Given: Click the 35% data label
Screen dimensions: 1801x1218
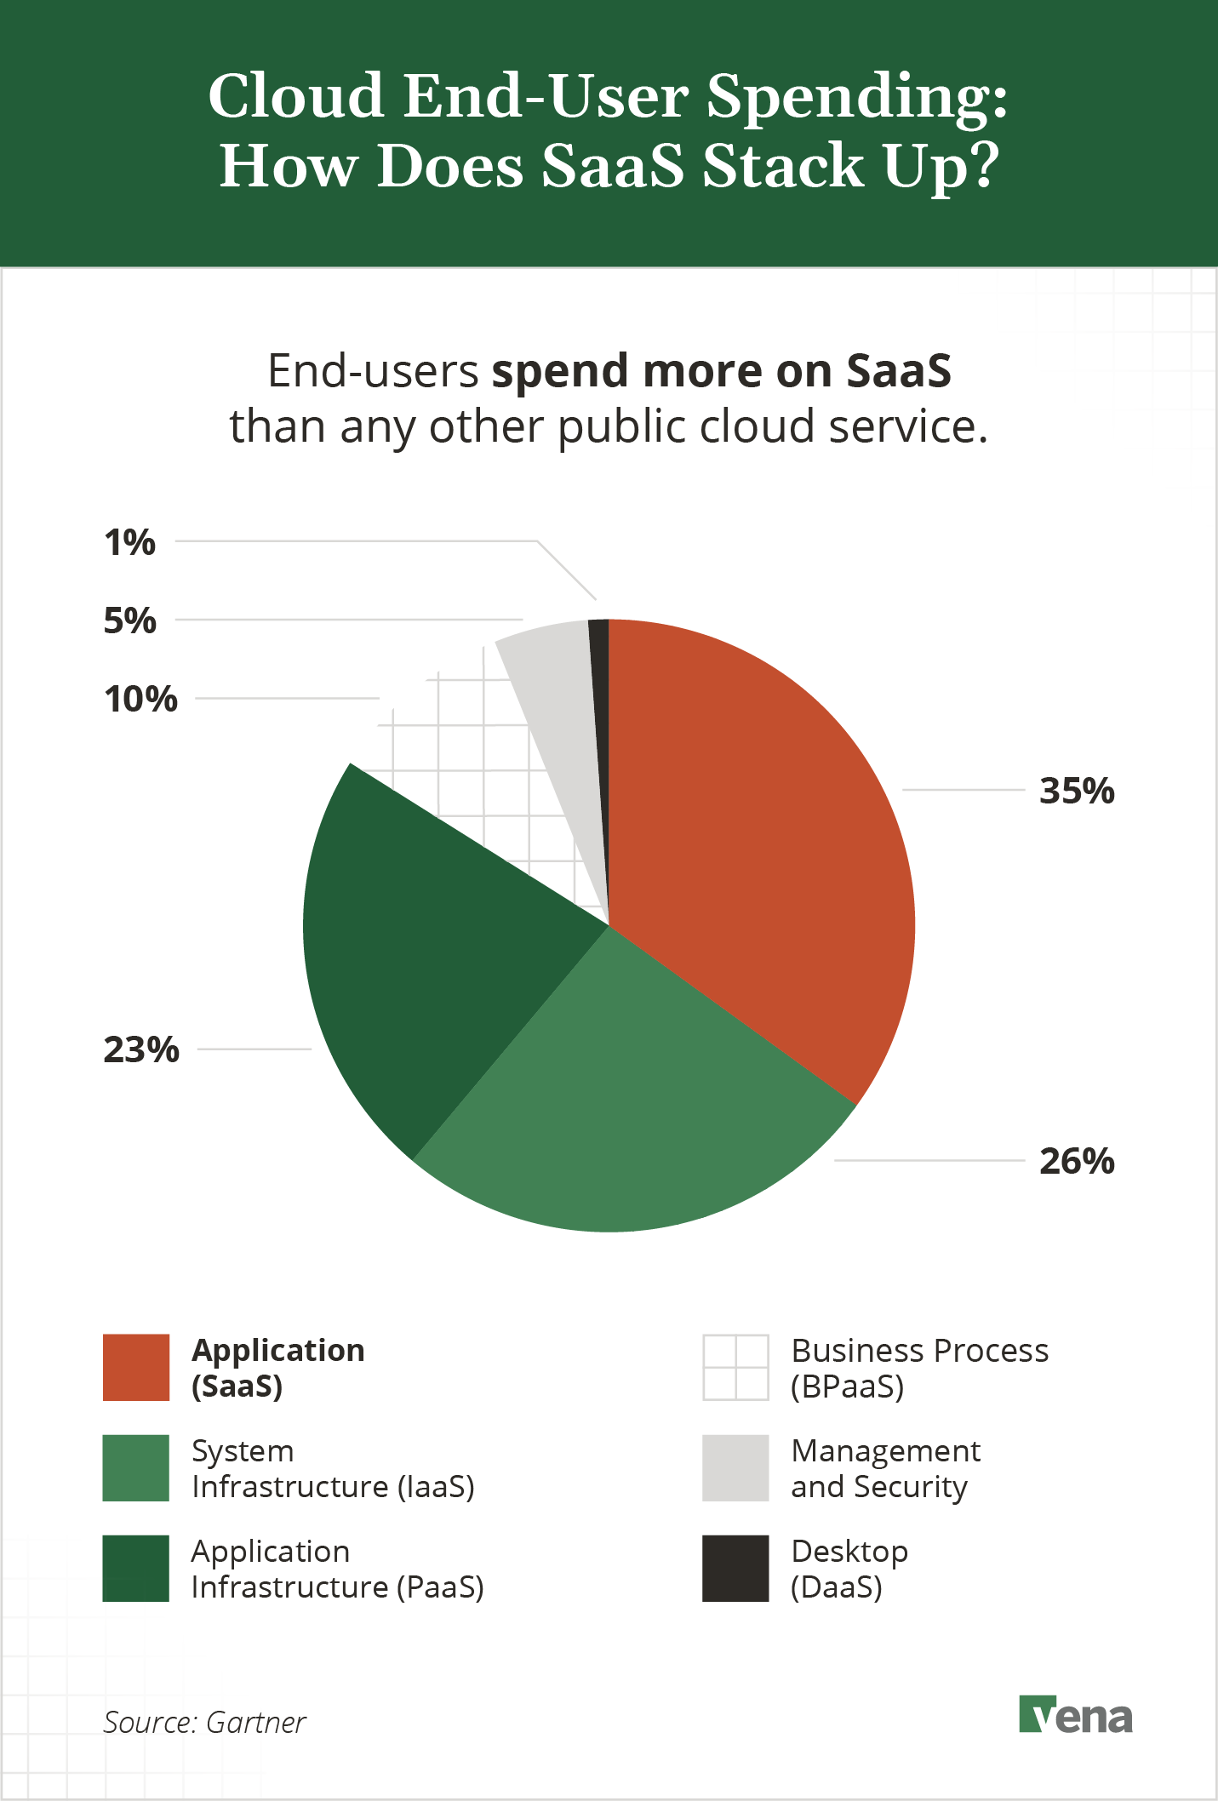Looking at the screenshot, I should click(x=1077, y=791).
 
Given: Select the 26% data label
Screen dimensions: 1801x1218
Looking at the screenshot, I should click(x=1077, y=1161).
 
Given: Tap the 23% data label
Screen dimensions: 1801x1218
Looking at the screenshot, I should click(x=141, y=1049).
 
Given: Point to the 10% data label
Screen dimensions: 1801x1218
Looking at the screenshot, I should click(x=140, y=699).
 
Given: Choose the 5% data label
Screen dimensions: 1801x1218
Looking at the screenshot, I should click(x=130, y=620).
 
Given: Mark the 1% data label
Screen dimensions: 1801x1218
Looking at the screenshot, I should click(x=130, y=542).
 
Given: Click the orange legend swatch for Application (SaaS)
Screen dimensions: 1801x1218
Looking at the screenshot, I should click(x=136, y=1367).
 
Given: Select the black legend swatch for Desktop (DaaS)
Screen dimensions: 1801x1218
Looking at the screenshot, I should click(x=735, y=1568).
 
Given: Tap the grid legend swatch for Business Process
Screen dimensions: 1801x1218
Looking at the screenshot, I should click(x=735, y=1367).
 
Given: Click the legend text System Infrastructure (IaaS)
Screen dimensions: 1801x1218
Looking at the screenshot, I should click(x=332, y=1468).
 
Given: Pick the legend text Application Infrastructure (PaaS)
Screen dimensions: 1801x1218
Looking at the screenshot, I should click(x=336, y=1569).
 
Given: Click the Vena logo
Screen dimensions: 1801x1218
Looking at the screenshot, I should click(x=1076, y=1715).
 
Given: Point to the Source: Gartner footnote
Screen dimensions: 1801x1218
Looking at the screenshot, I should click(x=204, y=1723).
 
